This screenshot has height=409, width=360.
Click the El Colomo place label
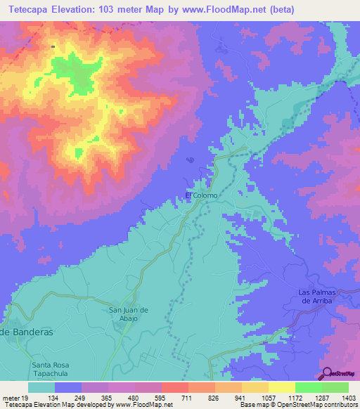click(201, 195)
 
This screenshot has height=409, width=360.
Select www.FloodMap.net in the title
click(226, 10)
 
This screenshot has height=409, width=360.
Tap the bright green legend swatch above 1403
click(335, 387)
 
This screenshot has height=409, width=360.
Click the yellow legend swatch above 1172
click(281, 387)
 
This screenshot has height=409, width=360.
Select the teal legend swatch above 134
click(41, 387)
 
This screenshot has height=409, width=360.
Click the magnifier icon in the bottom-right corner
click(326, 373)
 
